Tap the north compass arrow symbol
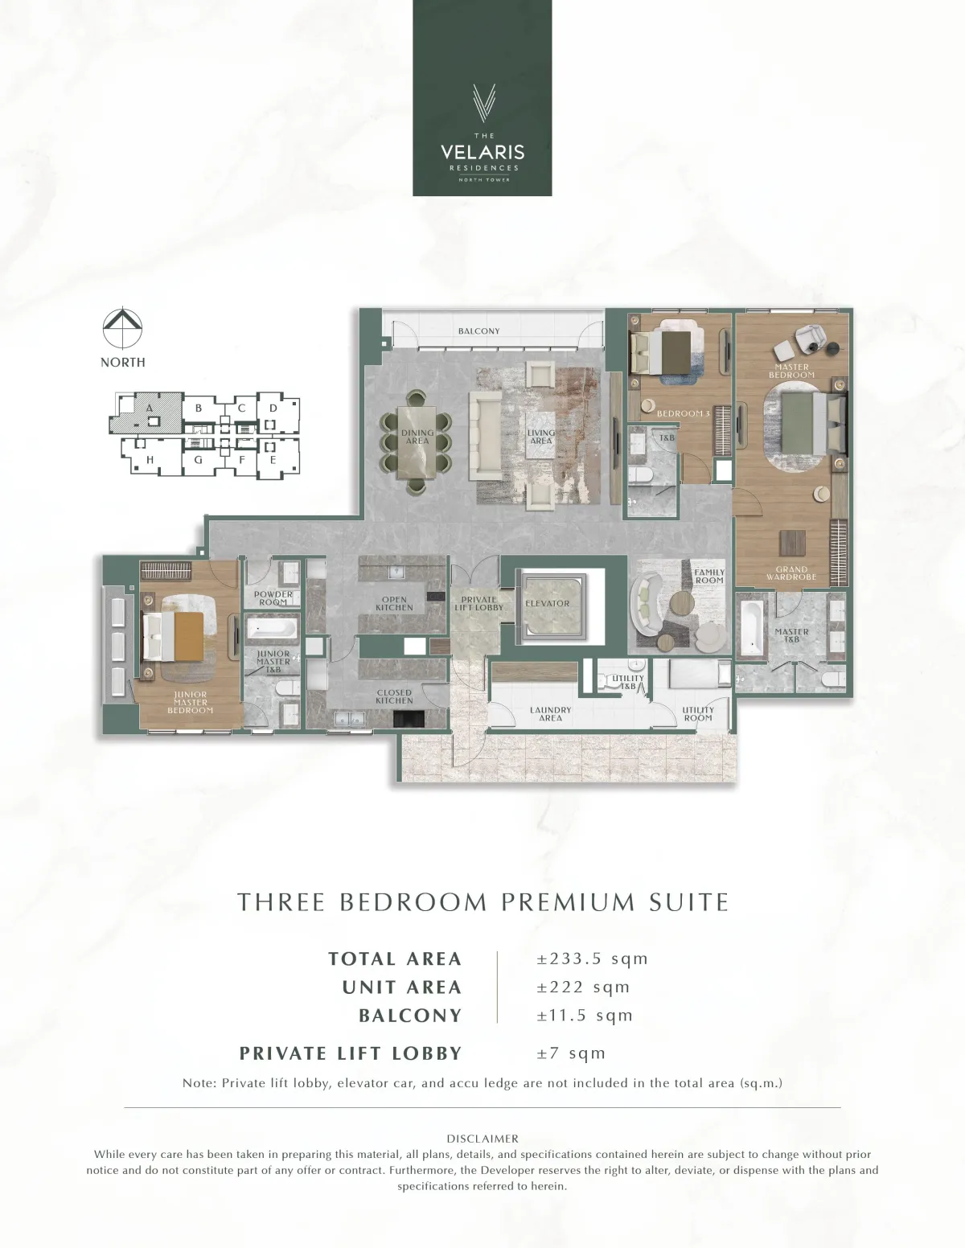[x=122, y=329]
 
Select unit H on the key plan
[x=150, y=459]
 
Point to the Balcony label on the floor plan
[x=478, y=330]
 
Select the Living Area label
[x=540, y=437]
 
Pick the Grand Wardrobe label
[x=791, y=573]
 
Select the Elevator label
[x=547, y=603]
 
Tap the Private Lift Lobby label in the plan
[x=478, y=603]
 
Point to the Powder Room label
[x=273, y=598]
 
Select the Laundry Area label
[x=551, y=713]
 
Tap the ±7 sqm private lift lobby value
[x=571, y=1053]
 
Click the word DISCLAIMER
[x=482, y=1139]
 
